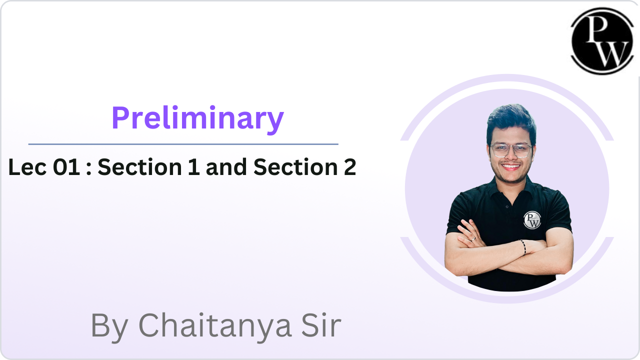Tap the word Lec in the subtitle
pos(27,167)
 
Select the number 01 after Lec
pos(66,167)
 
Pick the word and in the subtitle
pos(226,167)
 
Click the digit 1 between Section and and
pos(194,166)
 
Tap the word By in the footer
pos(109,326)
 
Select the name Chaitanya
pos(215,326)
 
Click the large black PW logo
pos(602,41)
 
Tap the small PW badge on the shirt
pos(532,220)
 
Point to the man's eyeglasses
pos(511,150)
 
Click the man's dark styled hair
pos(511,123)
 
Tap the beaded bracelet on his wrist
pos(523,247)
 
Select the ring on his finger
pos(473,239)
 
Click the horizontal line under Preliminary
pos(183,144)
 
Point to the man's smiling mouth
pos(511,166)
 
